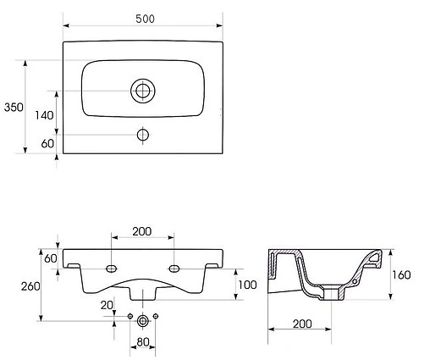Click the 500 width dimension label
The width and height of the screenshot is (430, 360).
pos(145,19)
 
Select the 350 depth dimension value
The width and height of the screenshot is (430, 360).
pos(14,108)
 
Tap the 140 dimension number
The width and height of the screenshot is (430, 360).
pos(44,115)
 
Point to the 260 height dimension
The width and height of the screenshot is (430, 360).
pos(30,286)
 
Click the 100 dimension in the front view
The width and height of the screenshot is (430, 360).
pos(247,285)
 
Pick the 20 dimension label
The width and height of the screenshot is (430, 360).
pos(107,305)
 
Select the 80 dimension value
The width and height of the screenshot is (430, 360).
pos(143,342)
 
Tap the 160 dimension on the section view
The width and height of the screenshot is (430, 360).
pos(401,274)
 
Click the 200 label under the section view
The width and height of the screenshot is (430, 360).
pos(302,324)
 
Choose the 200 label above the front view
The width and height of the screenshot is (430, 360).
pos(142,231)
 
